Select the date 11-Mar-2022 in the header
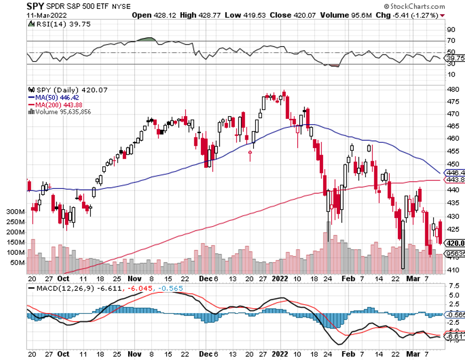coord(45,15)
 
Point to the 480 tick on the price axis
coord(449,89)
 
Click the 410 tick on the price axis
coord(449,270)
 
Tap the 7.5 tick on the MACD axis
coord(449,286)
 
